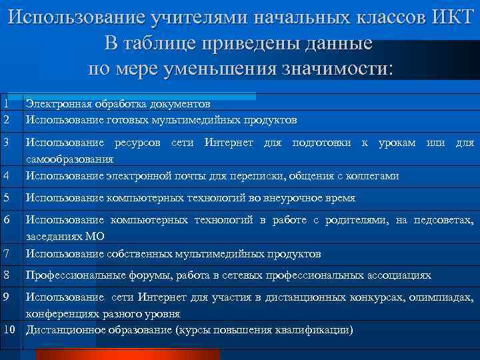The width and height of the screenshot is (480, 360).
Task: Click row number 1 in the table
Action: [5, 104]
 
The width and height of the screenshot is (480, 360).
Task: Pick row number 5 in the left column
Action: [5, 198]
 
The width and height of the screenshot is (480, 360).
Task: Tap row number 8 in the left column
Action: [5, 275]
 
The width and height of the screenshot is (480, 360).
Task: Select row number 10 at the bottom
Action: [9, 330]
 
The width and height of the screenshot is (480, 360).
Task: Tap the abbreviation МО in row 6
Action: [95, 236]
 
